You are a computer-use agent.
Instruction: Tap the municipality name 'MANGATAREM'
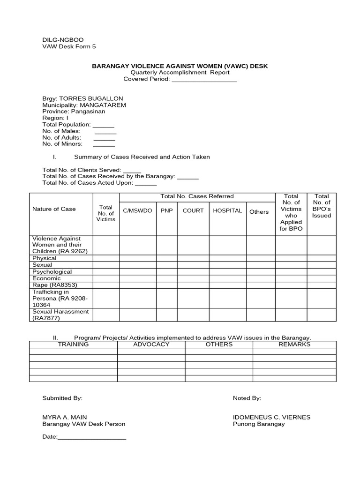pos(103,105)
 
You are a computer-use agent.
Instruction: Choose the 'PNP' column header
pos(166,211)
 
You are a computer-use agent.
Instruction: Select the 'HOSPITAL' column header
pos(227,211)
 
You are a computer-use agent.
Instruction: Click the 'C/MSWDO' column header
pos(137,211)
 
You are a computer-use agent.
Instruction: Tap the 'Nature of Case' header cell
pos(54,209)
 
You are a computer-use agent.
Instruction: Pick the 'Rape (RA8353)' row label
pos(54,285)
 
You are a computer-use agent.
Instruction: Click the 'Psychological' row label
pos(52,272)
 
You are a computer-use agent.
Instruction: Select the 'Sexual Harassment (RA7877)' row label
pos(60,315)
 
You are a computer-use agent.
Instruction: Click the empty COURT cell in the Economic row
pos(193,278)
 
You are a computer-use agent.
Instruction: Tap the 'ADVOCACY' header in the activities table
pos(150,345)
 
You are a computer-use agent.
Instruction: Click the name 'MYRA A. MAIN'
pos(65,417)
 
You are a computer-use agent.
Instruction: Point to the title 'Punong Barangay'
pos(259,424)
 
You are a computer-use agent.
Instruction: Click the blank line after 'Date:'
pos(92,438)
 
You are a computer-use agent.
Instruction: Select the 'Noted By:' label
pos(247,398)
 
